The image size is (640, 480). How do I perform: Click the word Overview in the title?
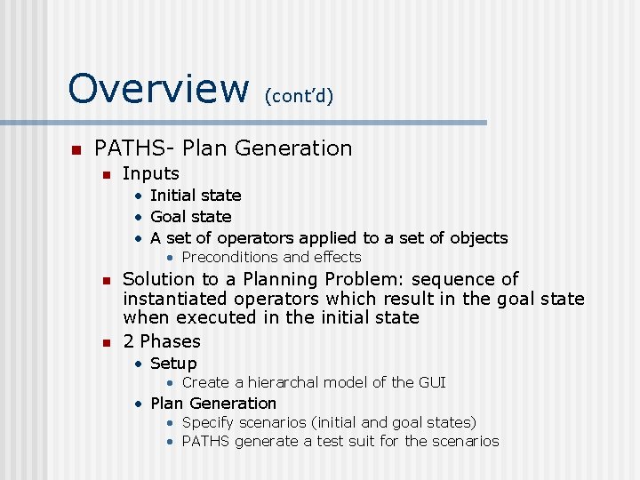point(159,88)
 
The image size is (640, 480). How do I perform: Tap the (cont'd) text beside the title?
point(299,95)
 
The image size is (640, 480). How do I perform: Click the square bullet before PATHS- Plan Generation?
point(76,148)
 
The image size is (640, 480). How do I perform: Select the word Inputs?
point(151,173)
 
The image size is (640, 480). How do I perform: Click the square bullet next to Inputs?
point(106,174)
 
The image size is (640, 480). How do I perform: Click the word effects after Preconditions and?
point(335,257)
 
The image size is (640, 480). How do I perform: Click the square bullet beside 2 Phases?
point(106,342)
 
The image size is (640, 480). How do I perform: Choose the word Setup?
point(173,363)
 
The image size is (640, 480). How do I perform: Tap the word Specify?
point(208,422)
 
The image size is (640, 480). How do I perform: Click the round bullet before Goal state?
point(139,217)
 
